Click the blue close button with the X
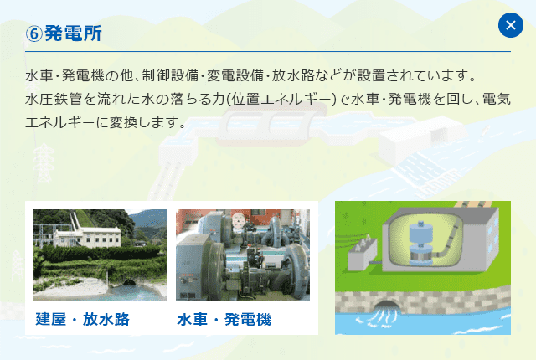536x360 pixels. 511,25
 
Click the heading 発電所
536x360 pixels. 73,33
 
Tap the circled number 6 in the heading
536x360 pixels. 33,33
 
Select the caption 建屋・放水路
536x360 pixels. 82,319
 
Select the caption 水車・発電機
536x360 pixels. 224,320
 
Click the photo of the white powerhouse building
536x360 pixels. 100,255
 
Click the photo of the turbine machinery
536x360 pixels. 243,255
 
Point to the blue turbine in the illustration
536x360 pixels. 421,243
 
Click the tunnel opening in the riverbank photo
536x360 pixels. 129,282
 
